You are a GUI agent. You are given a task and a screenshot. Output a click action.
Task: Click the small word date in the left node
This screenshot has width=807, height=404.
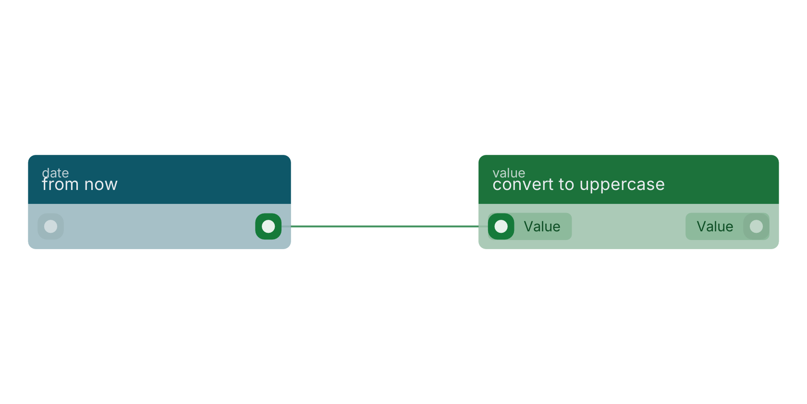[55, 173]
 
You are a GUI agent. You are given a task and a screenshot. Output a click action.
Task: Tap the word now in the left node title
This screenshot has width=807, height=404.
[101, 185]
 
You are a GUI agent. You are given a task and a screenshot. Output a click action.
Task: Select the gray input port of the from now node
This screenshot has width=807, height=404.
[51, 227]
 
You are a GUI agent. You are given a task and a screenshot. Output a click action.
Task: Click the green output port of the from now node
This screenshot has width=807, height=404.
[269, 227]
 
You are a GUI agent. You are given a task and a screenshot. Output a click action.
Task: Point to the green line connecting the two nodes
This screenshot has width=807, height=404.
[385, 227]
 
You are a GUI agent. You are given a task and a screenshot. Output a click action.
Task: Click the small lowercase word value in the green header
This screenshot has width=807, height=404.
[509, 173]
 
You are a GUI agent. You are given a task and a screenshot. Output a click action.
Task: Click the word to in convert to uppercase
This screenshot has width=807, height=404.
[567, 185]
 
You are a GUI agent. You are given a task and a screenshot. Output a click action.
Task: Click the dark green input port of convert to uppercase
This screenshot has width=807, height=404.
[501, 227]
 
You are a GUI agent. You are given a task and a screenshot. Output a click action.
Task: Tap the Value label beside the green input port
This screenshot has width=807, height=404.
[542, 227]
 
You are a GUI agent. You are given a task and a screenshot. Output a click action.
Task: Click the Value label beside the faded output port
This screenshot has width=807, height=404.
[715, 227]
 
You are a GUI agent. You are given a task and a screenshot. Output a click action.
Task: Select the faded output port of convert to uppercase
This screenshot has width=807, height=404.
[756, 227]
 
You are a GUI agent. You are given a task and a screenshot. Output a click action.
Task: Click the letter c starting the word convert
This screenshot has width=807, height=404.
[497, 186]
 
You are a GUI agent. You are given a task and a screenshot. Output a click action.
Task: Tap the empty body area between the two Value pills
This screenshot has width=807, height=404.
[629, 227]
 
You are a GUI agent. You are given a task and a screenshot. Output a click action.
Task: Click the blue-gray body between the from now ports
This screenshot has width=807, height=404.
[159, 227]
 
